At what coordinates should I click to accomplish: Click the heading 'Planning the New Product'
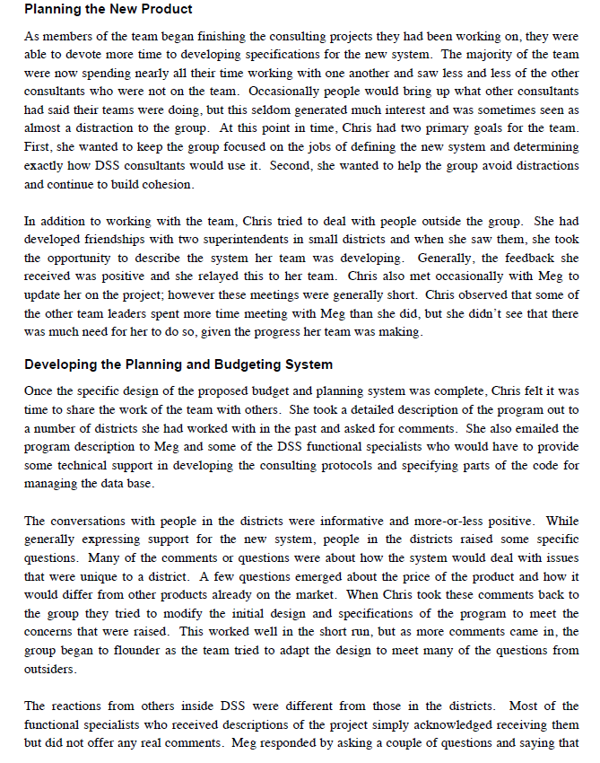pos(108,10)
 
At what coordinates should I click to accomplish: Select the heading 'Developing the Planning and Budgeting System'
pos(178,364)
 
